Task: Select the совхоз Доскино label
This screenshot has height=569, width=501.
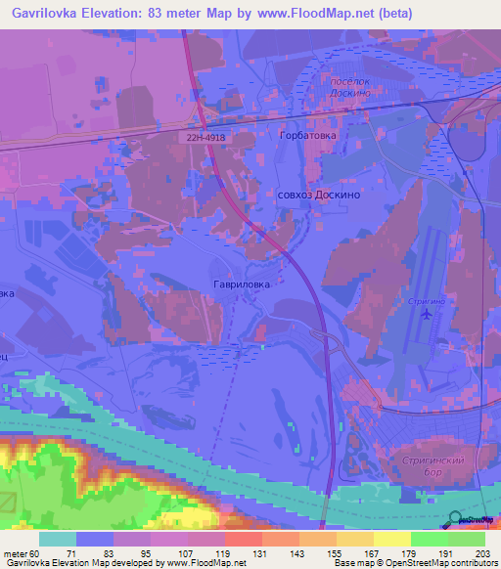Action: (x=319, y=196)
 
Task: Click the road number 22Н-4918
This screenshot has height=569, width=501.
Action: (x=205, y=139)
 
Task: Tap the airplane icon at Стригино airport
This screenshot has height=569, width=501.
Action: (x=426, y=314)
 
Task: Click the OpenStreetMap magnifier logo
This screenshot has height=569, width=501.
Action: (x=456, y=519)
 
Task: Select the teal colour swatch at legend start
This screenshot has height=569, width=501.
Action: (x=57, y=539)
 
